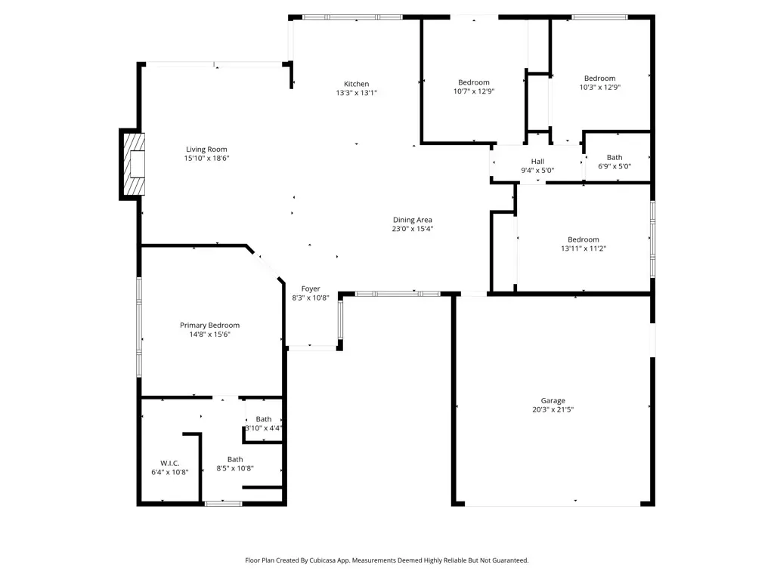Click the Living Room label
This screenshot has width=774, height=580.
[206, 150]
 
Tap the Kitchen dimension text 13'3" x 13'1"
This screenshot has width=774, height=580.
[357, 93]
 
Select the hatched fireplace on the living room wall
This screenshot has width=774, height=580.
[134, 164]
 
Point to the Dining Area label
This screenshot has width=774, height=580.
[413, 220]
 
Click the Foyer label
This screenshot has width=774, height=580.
[311, 289]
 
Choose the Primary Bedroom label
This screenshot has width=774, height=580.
[210, 325]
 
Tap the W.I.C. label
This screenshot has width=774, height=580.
[170, 464]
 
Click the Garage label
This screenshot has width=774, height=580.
[553, 401]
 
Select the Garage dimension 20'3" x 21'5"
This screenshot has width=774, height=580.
[553, 409]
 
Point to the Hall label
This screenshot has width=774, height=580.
[537, 162]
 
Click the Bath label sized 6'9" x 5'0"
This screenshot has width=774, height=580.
[615, 158]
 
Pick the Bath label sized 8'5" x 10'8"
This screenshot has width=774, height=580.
[235, 460]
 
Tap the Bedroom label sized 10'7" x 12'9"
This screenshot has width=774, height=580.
[474, 83]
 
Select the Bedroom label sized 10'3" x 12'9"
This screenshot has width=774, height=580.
[599, 79]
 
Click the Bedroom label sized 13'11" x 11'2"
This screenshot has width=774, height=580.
[584, 239]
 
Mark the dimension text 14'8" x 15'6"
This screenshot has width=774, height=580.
[210, 335]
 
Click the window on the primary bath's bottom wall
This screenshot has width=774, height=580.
[223, 504]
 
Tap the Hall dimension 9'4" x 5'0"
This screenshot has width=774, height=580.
[537, 171]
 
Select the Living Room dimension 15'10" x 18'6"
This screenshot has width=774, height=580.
[207, 159]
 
